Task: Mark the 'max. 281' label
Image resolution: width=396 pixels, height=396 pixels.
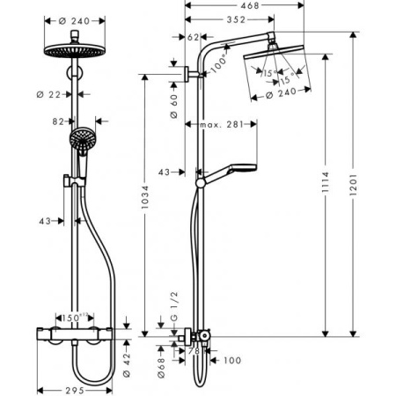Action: tap(219, 125)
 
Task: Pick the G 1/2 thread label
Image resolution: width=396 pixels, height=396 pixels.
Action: tap(172, 310)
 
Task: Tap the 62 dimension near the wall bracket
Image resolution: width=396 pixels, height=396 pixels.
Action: tap(194, 38)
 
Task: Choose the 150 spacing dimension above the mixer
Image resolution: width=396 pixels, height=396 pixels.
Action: tap(68, 317)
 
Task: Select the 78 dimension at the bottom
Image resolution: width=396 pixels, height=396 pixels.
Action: tap(196, 351)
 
